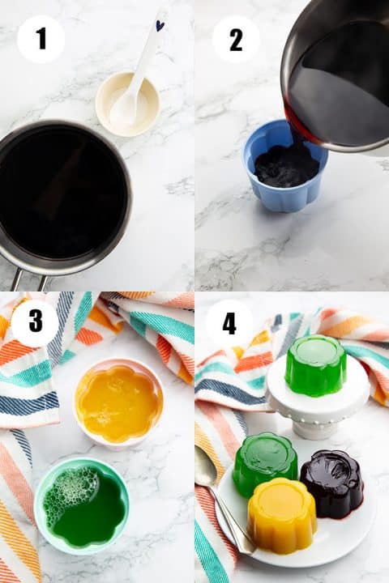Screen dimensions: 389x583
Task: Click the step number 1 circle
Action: click(41, 39)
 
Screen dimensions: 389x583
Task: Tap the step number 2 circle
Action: click(236, 39)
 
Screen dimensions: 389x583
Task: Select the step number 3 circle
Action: click(35, 322)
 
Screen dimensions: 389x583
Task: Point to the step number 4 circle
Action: click(229, 323)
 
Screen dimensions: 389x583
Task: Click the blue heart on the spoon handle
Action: click(160, 26)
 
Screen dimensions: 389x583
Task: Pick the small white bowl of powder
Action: click(128, 104)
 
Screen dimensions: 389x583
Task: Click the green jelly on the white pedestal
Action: click(316, 365)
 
